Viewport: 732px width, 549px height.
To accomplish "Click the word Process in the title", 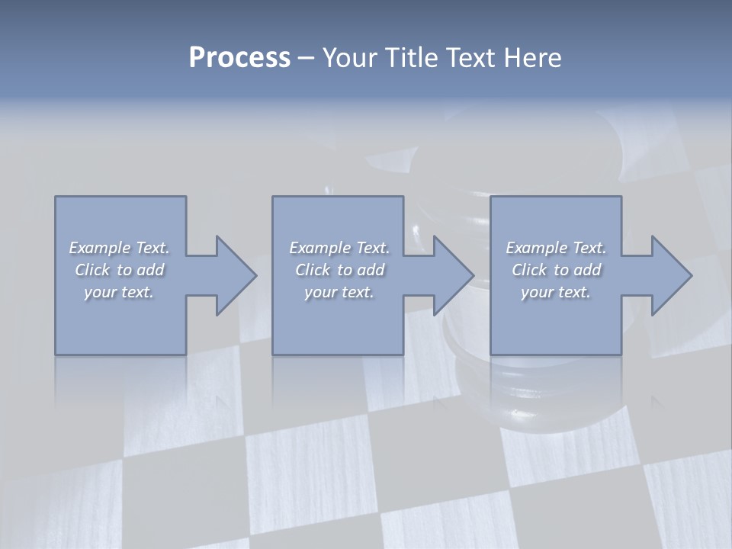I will pos(239,58).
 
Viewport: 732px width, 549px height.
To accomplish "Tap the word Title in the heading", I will pos(409,58).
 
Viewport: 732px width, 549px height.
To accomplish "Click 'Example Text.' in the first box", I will pos(119,248).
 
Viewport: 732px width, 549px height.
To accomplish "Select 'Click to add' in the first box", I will pos(120,270).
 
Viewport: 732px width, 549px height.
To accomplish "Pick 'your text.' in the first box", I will pos(119,292).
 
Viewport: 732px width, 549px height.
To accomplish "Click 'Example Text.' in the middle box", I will pos(339,248).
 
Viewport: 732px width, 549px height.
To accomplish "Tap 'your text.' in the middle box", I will pos(339,292).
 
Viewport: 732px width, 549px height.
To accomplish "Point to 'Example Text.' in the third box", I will pos(556,248).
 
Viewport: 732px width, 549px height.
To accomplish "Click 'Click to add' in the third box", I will pos(557,270).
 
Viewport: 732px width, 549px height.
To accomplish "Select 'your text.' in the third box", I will pos(556,292).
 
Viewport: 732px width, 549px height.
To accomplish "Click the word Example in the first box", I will pos(100,248).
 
